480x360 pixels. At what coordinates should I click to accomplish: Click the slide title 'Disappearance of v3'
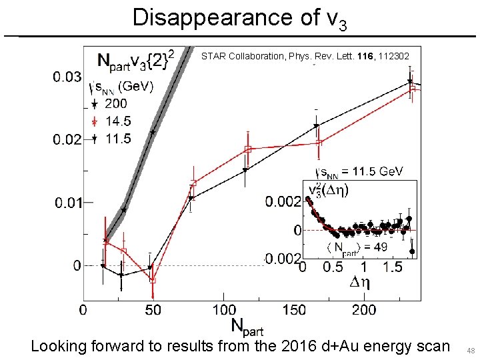pyautogui.click(x=239, y=17)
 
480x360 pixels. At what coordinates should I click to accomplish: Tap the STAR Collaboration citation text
pyautogui.click(x=310, y=57)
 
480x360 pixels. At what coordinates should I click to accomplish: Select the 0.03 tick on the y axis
pyautogui.click(x=67, y=77)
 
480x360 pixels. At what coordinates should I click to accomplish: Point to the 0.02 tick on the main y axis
pyautogui.click(x=67, y=139)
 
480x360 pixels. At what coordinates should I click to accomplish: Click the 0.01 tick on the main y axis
pyautogui.click(x=67, y=202)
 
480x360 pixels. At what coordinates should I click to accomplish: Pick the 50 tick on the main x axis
pyautogui.click(x=153, y=310)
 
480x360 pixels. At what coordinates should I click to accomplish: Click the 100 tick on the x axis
pyautogui.click(x=225, y=310)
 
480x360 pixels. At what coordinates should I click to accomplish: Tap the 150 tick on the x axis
pyautogui.click(x=295, y=310)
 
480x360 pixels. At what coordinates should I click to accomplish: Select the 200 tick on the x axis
pyautogui.click(x=364, y=310)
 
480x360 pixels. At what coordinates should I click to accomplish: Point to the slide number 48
pyautogui.click(x=470, y=351)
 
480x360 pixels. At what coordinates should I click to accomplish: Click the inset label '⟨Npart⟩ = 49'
pyautogui.click(x=356, y=248)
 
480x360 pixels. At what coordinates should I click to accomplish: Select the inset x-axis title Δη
pyautogui.click(x=360, y=282)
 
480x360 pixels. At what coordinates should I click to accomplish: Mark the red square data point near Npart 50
pyautogui.click(x=153, y=281)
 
